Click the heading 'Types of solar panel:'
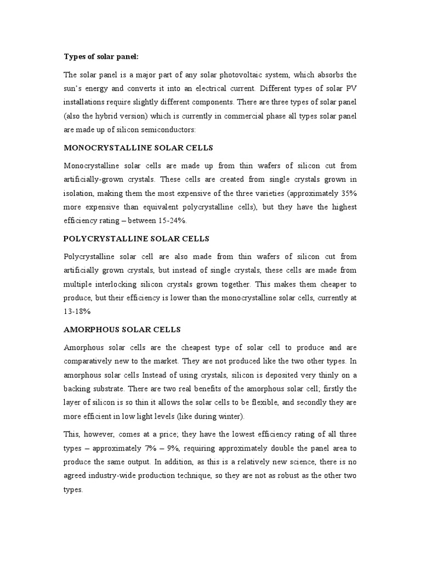tap(101, 56)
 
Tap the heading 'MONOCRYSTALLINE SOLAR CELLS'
tap(138, 148)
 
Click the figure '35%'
tap(345, 194)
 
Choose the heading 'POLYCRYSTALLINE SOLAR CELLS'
tap(136, 239)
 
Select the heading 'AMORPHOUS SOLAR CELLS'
tap(122, 329)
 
